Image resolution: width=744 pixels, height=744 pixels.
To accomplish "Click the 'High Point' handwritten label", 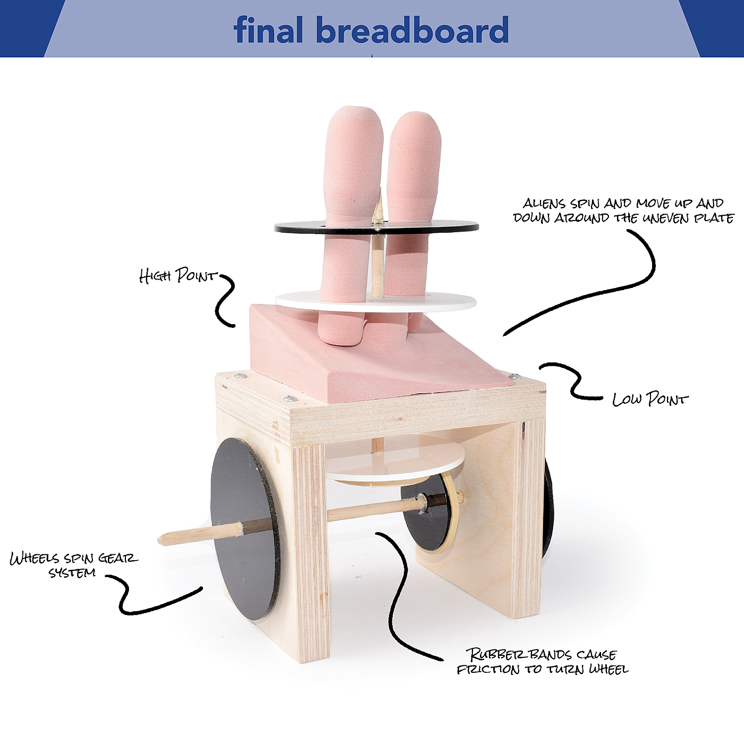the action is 177,275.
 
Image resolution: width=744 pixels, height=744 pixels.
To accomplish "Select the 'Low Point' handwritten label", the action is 649,399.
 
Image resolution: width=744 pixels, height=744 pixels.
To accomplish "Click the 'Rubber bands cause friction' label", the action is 542,661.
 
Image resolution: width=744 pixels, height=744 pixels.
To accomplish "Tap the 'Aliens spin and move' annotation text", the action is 623,210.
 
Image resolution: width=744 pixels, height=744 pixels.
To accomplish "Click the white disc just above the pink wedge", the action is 452,302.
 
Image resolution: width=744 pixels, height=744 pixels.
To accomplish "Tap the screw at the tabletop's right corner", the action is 513,376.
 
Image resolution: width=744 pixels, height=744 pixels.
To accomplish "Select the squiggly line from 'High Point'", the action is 226,300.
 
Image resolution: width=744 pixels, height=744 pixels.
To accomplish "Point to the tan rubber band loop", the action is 452,510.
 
